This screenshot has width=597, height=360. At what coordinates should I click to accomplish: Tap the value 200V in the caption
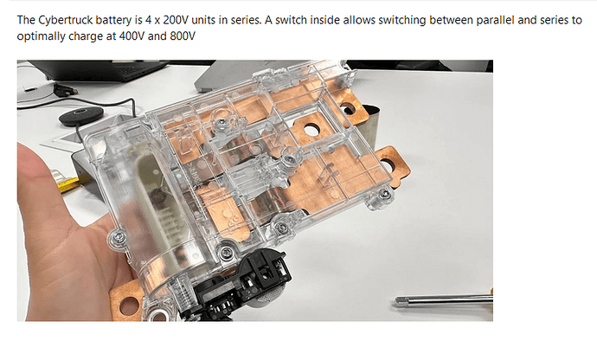click(x=175, y=19)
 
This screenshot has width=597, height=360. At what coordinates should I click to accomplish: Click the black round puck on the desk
click(x=81, y=115)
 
